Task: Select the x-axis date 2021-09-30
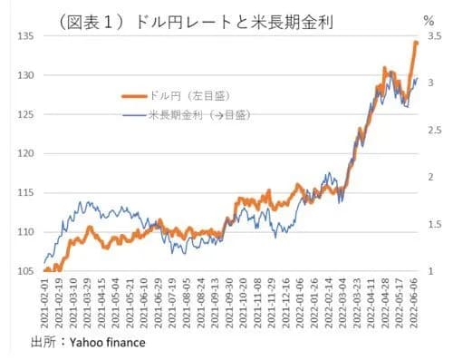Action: pos(229,303)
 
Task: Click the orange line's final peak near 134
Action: pos(416,43)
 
